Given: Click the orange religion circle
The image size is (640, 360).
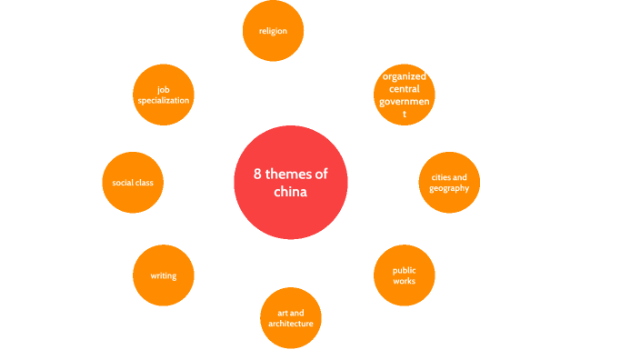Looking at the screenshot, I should (x=273, y=31).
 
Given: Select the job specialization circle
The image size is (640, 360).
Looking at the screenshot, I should (x=164, y=95).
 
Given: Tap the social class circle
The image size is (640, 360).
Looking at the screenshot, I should (x=133, y=183).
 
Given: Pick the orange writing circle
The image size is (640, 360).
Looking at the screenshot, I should (x=164, y=275).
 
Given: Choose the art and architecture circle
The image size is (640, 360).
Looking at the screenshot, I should (x=290, y=318).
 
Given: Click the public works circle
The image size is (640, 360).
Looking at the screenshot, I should (x=404, y=275).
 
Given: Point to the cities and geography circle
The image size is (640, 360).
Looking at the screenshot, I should (x=449, y=183).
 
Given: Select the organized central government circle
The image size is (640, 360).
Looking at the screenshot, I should (x=405, y=95).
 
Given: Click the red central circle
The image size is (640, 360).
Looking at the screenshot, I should (x=291, y=182).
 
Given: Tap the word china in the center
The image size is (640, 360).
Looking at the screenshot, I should (x=291, y=193).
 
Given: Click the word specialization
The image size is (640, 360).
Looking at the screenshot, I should (x=164, y=100).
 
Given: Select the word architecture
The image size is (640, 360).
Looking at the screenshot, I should (x=290, y=324).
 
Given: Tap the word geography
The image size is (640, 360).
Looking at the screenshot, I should (x=449, y=188).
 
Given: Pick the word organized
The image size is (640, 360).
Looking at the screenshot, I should (x=405, y=76).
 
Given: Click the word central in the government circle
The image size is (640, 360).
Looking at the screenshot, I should (x=405, y=89).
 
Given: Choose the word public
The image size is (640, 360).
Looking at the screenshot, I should (x=404, y=270).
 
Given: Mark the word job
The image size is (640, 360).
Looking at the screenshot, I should (x=164, y=89).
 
